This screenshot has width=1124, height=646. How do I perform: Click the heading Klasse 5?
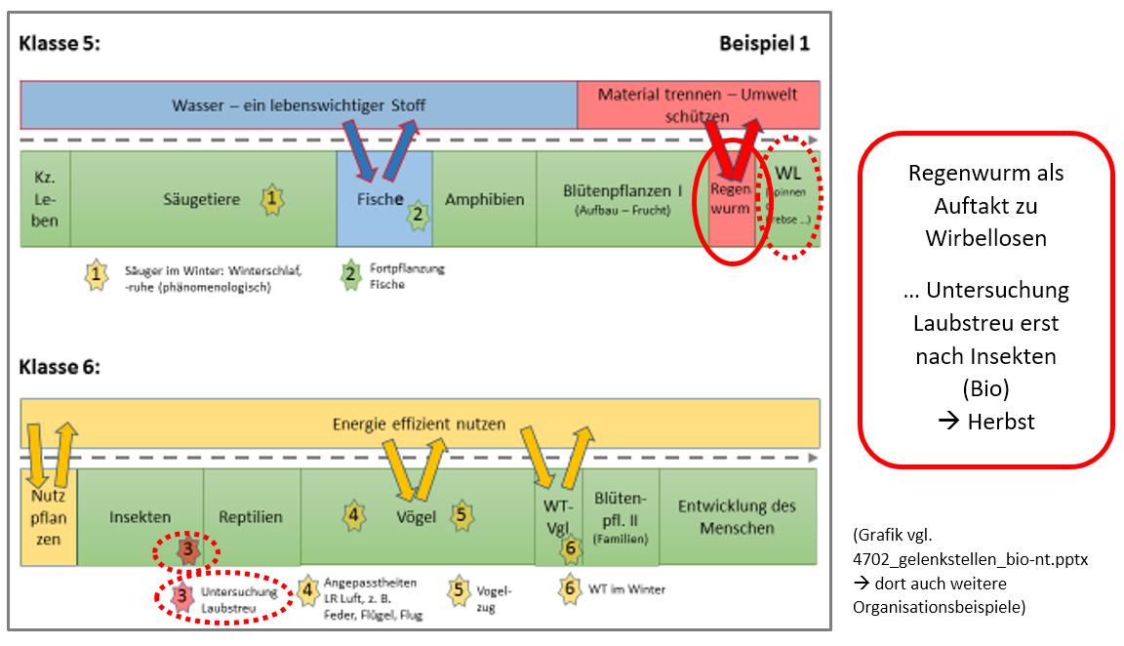pyautogui.click(x=60, y=44)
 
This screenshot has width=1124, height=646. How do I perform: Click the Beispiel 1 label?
pyautogui.click(x=764, y=44)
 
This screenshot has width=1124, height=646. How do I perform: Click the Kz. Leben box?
pyautogui.click(x=45, y=199)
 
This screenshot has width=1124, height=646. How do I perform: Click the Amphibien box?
pyautogui.click(x=484, y=199)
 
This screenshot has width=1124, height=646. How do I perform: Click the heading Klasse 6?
pyautogui.click(x=60, y=367)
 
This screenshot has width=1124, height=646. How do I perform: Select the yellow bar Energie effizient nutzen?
pyautogui.click(x=420, y=424)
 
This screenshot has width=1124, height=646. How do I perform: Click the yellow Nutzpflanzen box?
pyautogui.click(x=49, y=517)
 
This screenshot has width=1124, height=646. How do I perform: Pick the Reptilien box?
pyautogui.click(x=251, y=517)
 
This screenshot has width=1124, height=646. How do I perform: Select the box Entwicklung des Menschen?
pyautogui.click(x=738, y=517)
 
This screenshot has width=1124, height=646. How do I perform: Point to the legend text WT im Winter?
pyautogui.click(x=625, y=588)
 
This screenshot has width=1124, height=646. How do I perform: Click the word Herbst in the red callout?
pyautogui.click(x=1000, y=422)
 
